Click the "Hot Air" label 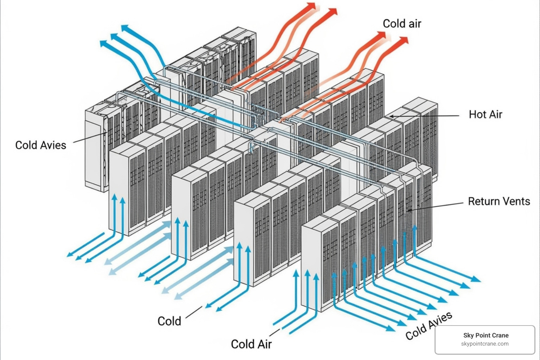pos(485,114)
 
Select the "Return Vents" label pos(499,201)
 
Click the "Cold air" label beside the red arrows pos(402,24)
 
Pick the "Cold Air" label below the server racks pos(251,343)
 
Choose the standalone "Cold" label pos(169,321)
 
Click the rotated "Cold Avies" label pos(429,326)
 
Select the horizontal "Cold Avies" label pos(41,145)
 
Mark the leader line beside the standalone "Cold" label pos(194,312)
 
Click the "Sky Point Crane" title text pos(486,335)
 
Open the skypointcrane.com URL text pos(485,344)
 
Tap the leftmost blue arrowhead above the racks pos(103,43)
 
